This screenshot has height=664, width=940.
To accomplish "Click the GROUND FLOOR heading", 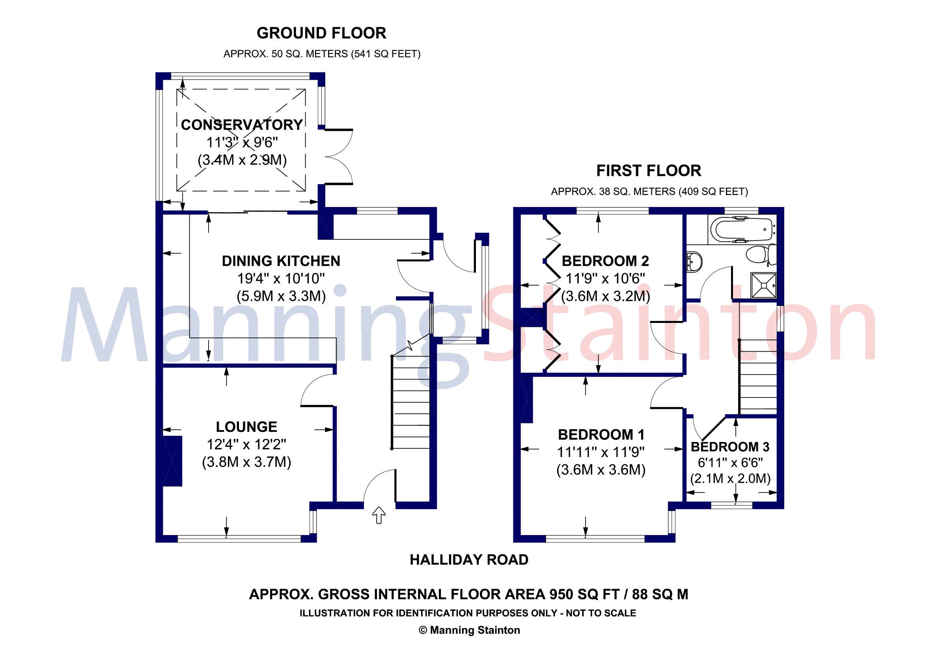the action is coord(321,33).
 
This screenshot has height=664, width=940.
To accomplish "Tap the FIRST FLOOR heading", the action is coord(649,171).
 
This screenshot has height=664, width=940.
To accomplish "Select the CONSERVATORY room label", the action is coord(242,125).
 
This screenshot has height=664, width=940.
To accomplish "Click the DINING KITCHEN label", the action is coord(281,261).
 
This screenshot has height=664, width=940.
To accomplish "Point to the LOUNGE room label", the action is coord(246,427).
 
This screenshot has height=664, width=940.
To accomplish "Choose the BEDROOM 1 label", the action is coord(601,435).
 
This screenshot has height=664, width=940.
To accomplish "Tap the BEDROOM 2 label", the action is coord(605,261).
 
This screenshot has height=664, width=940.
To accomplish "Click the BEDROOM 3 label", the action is coord(730,447).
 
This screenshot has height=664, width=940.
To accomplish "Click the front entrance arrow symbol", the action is coord(379,515).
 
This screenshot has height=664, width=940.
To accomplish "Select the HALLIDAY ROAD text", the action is coord(469,560).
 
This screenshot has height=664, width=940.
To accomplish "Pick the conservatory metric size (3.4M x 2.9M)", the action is coord(242,160).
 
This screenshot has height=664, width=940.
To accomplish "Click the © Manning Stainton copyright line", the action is coord(469,630).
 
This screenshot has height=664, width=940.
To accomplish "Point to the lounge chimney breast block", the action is coord(172,461).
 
